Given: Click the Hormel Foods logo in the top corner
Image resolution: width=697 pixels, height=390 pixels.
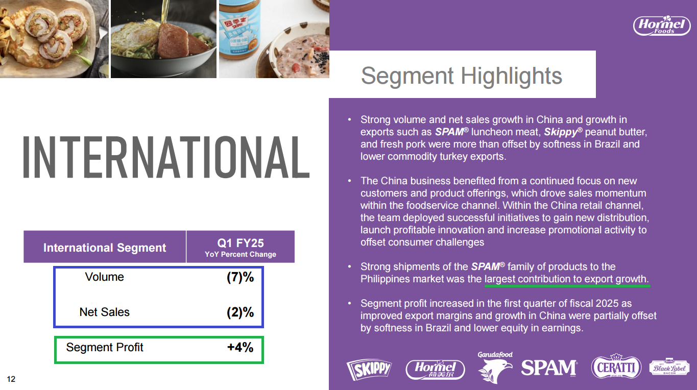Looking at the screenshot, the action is click(x=662, y=26).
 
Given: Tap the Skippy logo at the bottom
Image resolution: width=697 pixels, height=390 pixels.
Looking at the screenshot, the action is click(x=369, y=369).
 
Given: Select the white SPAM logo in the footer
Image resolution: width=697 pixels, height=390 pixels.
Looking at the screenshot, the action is click(x=549, y=368).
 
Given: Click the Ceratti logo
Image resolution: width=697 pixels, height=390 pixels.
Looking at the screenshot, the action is click(x=616, y=367).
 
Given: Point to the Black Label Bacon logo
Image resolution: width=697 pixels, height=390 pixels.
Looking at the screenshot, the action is click(x=669, y=368).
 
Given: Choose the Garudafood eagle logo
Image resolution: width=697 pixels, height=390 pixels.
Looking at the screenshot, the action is click(x=495, y=367).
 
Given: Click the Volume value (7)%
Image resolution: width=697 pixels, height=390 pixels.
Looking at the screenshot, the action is click(x=240, y=277).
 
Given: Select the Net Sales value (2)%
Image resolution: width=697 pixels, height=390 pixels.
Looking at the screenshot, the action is click(x=240, y=312).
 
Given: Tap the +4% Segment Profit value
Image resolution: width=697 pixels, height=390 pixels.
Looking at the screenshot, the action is click(x=240, y=348).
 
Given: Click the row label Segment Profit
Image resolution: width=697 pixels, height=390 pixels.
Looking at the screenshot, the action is click(x=105, y=348).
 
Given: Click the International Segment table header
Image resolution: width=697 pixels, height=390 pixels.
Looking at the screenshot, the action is click(x=105, y=248).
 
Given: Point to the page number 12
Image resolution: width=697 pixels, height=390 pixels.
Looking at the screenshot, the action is click(x=11, y=379).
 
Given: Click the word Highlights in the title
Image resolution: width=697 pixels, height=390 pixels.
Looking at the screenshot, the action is click(x=511, y=76).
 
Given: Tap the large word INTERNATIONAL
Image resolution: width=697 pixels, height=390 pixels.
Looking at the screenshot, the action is click(x=166, y=157).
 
